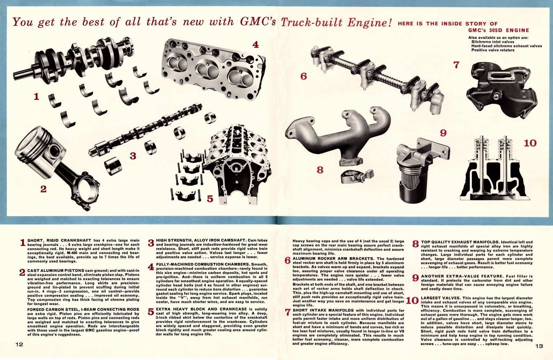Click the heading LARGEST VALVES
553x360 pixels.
[440, 298]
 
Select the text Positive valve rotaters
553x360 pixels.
[493, 50]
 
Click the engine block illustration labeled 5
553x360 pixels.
[238, 162]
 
